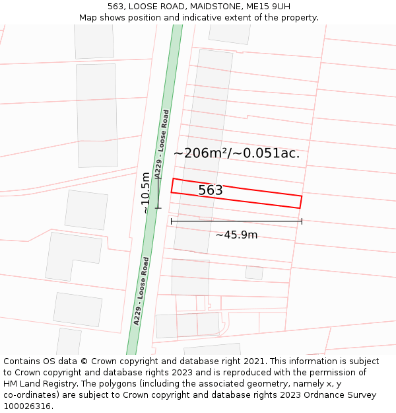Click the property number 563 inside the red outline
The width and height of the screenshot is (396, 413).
pyautogui.click(x=211, y=190)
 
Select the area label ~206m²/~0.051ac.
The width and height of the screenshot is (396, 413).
pyautogui.click(x=236, y=153)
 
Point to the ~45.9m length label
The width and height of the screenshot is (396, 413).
pyautogui.click(x=236, y=235)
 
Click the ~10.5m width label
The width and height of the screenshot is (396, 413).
pyautogui.click(x=145, y=192)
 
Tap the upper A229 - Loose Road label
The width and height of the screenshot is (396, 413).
pyautogui.click(x=162, y=143)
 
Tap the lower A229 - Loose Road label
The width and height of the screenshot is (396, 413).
pyautogui.click(x=141, y=291)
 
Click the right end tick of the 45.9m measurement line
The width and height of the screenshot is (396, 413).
pyautogui.click(x=302, y=221)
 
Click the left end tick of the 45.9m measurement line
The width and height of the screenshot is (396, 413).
pyautogui.click(x=172, y=221)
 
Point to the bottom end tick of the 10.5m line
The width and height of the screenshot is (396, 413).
pyautogui.click(x=158, y=208)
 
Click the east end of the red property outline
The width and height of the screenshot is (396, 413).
pyautogui.click(x=301, y=202)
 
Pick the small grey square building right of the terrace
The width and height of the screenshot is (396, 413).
pyautogui.click(x=254, y=272)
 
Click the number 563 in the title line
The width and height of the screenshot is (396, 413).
pyautogui.click(x=115, y=7)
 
